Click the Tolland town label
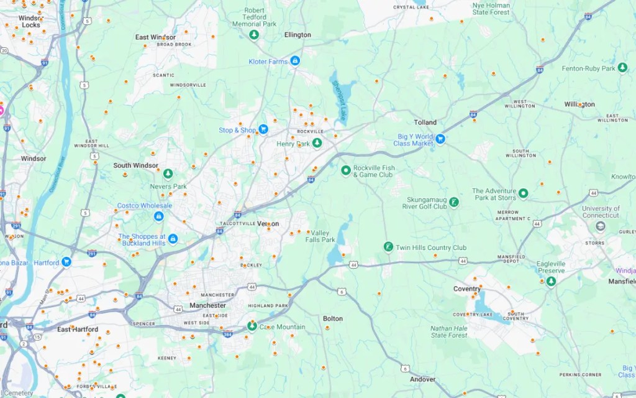(x=425, y=123)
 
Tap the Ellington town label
(x=298, y=35)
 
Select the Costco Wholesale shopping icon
(x=159, y=216)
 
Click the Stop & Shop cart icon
(x=263, y=129)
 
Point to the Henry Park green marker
(x=317, y=143)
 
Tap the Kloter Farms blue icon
(x=295, y=61)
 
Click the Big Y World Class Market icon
(x=440, y=138)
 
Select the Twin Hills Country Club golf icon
(x=388, y=247)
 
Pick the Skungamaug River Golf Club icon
(x=454, y=202)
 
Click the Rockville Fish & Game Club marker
(x=346, y=170)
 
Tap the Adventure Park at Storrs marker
(x=524, y=193)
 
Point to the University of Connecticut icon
(x=600, y=226)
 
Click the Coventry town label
(x=466, y=289)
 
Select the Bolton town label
(x=333, y=319)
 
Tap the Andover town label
(x=422, y=379)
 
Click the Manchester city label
(x=207, y=305)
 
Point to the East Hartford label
(x=78, y=329)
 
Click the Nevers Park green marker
(x=168, y=174)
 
